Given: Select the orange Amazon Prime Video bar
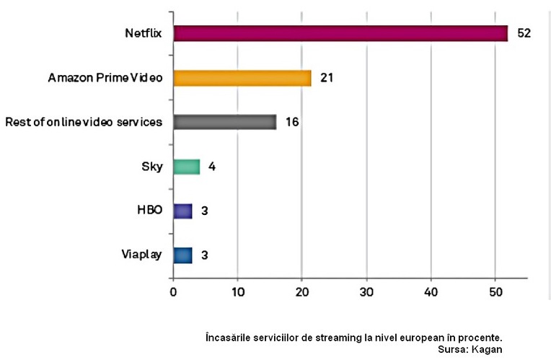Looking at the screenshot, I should coord(242,77).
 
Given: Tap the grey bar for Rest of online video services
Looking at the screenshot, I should coord(224,122).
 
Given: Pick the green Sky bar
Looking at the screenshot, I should coord(186,167).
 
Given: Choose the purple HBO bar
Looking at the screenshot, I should coord(182,211).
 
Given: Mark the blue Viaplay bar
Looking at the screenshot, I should coord(182,255).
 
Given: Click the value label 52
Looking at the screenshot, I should coord(524,33).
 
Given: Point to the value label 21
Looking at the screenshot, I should coord(327,77).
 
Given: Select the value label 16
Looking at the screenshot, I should coord(292,122).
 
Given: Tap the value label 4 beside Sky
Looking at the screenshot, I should coord(212,167).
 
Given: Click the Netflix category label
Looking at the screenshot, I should coord(144,33).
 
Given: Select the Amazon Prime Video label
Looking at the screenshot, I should coord(105,77).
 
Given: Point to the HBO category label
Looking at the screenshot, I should coord(150,211).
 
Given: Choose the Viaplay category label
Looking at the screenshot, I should coord(143,255).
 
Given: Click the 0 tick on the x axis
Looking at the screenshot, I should coord(173,292).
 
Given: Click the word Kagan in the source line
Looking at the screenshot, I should coord(487,348).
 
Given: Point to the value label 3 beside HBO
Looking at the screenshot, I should coord(206,211).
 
